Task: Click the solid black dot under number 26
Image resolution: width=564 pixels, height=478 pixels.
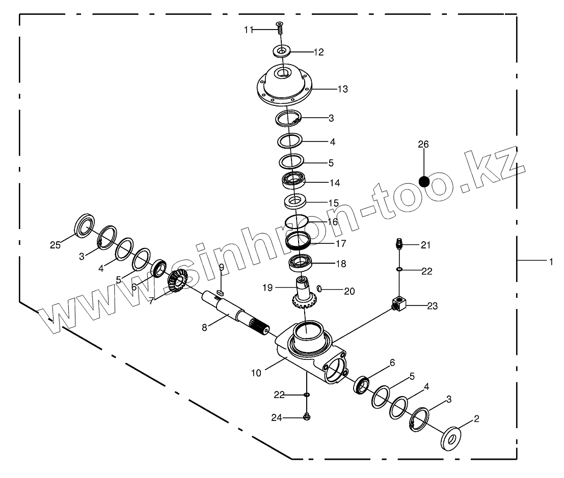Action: coord(424,181)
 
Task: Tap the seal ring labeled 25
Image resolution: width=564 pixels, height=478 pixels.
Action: coord(85,226)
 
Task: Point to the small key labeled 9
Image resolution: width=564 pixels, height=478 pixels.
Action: coord(220,292)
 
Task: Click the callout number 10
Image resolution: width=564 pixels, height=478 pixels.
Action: coord(256,373)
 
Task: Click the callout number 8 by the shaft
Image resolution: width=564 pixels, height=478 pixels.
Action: coord(204,328)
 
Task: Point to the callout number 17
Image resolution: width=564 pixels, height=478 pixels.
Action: coord(340,244)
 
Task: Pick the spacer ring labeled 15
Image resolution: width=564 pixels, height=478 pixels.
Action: coord(295,201)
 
